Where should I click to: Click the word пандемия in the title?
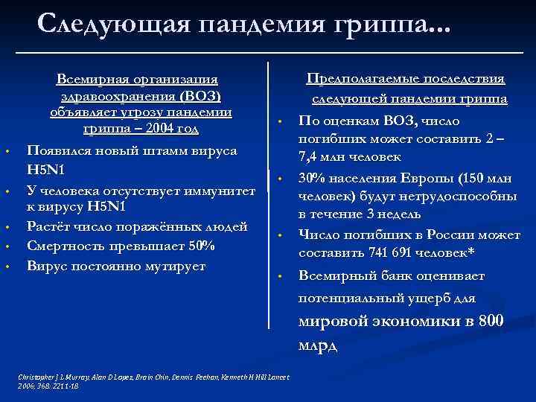(x=266, y=25)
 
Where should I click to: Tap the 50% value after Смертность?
(x=200, y=246)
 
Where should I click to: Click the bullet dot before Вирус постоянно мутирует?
(x=7, y=267)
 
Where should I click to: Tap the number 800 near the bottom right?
(x=491, y=322)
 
